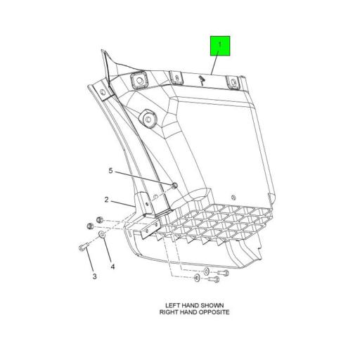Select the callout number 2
(107, 200)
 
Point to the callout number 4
(112, 266)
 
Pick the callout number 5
(110, 171)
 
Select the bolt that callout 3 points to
(82, 247)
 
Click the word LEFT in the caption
(174, 306)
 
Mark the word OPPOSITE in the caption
(214, 311)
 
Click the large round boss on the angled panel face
(148, 120)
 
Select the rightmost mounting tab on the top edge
(233, 83)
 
